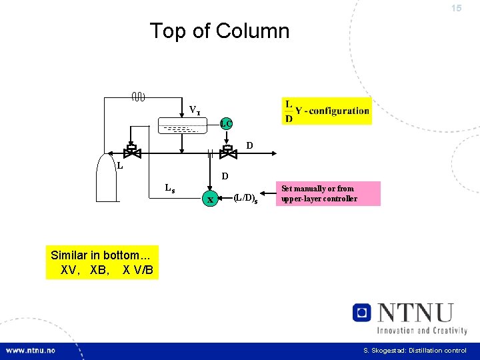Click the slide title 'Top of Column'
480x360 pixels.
click(219, 31)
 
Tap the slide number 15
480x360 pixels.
click(456, 9)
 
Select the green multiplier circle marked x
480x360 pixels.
click(210, 199)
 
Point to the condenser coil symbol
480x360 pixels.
click(138, 98)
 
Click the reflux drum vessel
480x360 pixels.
click(179, 125)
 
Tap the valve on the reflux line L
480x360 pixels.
click(133, 151)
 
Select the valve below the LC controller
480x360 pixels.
click(228, 152)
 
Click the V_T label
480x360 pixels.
click(194, 109)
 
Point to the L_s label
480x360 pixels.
click(170, 189)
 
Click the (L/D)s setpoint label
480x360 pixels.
click(246, 198)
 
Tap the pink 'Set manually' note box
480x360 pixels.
click(327, 193)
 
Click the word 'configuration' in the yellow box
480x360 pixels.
click(339, 111)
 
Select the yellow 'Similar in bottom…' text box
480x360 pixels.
click(103, 263)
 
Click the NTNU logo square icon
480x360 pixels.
click(361, 312)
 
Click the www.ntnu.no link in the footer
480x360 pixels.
click(31, 351)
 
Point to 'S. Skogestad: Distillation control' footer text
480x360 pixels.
click(415, 351)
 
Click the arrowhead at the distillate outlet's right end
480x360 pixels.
click(273, 153)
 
